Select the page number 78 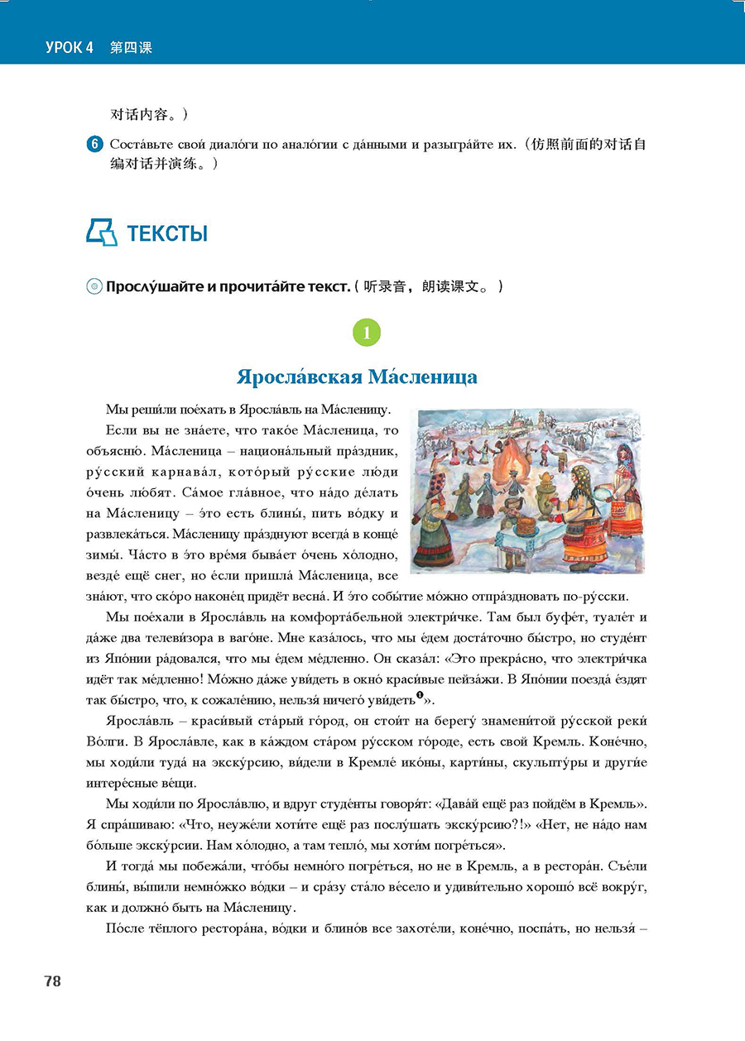click(x=52, y=981)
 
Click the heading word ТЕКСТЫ click(x=167, y=234)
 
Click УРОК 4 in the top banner click(x=70, y=48)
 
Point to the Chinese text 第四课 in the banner click(x=132, y=48)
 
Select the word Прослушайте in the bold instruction click(x=155, y=287)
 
